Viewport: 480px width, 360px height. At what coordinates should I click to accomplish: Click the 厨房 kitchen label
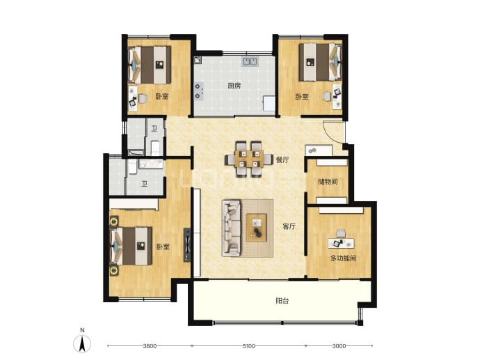point(234,86)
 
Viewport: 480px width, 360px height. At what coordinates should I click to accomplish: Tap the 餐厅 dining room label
point(282,159)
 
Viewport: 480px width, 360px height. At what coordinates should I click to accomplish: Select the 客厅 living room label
point(289,226)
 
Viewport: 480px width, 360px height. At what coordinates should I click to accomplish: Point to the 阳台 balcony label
point(282,301)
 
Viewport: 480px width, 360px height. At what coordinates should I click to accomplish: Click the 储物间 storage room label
point(328,182)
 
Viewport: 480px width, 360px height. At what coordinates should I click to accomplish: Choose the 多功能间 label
point(343,258)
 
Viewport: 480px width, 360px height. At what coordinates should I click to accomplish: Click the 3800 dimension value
point(150,346)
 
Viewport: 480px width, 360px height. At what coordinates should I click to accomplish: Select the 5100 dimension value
point(248,346)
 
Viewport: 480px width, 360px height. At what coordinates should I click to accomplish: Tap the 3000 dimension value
point(339,346)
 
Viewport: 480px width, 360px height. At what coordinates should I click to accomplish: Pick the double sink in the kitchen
point(250,61)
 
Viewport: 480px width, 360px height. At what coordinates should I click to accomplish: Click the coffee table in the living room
point(257,228)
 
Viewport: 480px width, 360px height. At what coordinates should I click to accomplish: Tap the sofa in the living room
point(231,228)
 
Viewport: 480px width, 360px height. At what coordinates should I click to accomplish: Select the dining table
point(249,159)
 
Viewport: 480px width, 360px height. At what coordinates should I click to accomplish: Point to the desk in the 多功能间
point(341,243)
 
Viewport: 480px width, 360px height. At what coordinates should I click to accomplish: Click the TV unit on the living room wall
point(187,245)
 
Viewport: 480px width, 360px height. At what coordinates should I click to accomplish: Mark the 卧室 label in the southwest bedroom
point(163,246)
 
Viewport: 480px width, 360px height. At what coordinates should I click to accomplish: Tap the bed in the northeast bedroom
point(320,62)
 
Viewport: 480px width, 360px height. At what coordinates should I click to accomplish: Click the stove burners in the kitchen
point(198,91)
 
